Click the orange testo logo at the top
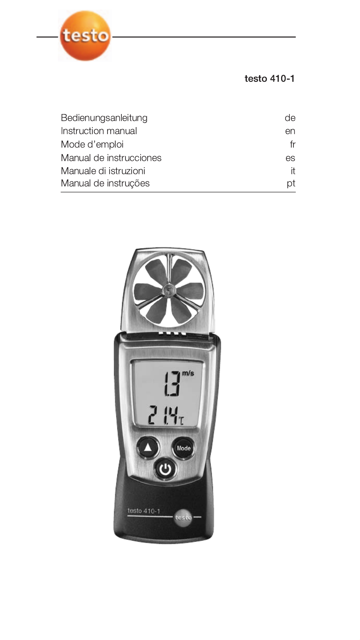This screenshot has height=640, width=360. pos(85,36)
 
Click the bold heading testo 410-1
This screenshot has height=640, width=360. pos(269,78)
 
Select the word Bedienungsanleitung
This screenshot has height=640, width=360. pos(104,118)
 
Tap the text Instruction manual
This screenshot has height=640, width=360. pos(99,131)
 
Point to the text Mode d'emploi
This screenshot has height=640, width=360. pos(92,144)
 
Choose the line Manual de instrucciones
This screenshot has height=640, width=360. pos(111,158)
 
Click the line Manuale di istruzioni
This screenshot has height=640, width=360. pos(103,171)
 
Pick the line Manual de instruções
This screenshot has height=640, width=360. pos(105,183)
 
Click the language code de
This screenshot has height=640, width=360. pos(290,118)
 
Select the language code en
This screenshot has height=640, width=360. pos(290,131)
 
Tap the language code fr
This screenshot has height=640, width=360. pos(293,144)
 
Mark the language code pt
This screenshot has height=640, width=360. pos(291,184)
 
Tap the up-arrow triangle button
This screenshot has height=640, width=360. pos(148,448)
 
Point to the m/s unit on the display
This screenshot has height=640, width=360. pos(188,374)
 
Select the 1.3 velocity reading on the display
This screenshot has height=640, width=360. pos(172,383)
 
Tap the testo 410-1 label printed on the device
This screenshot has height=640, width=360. pos(144,511)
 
